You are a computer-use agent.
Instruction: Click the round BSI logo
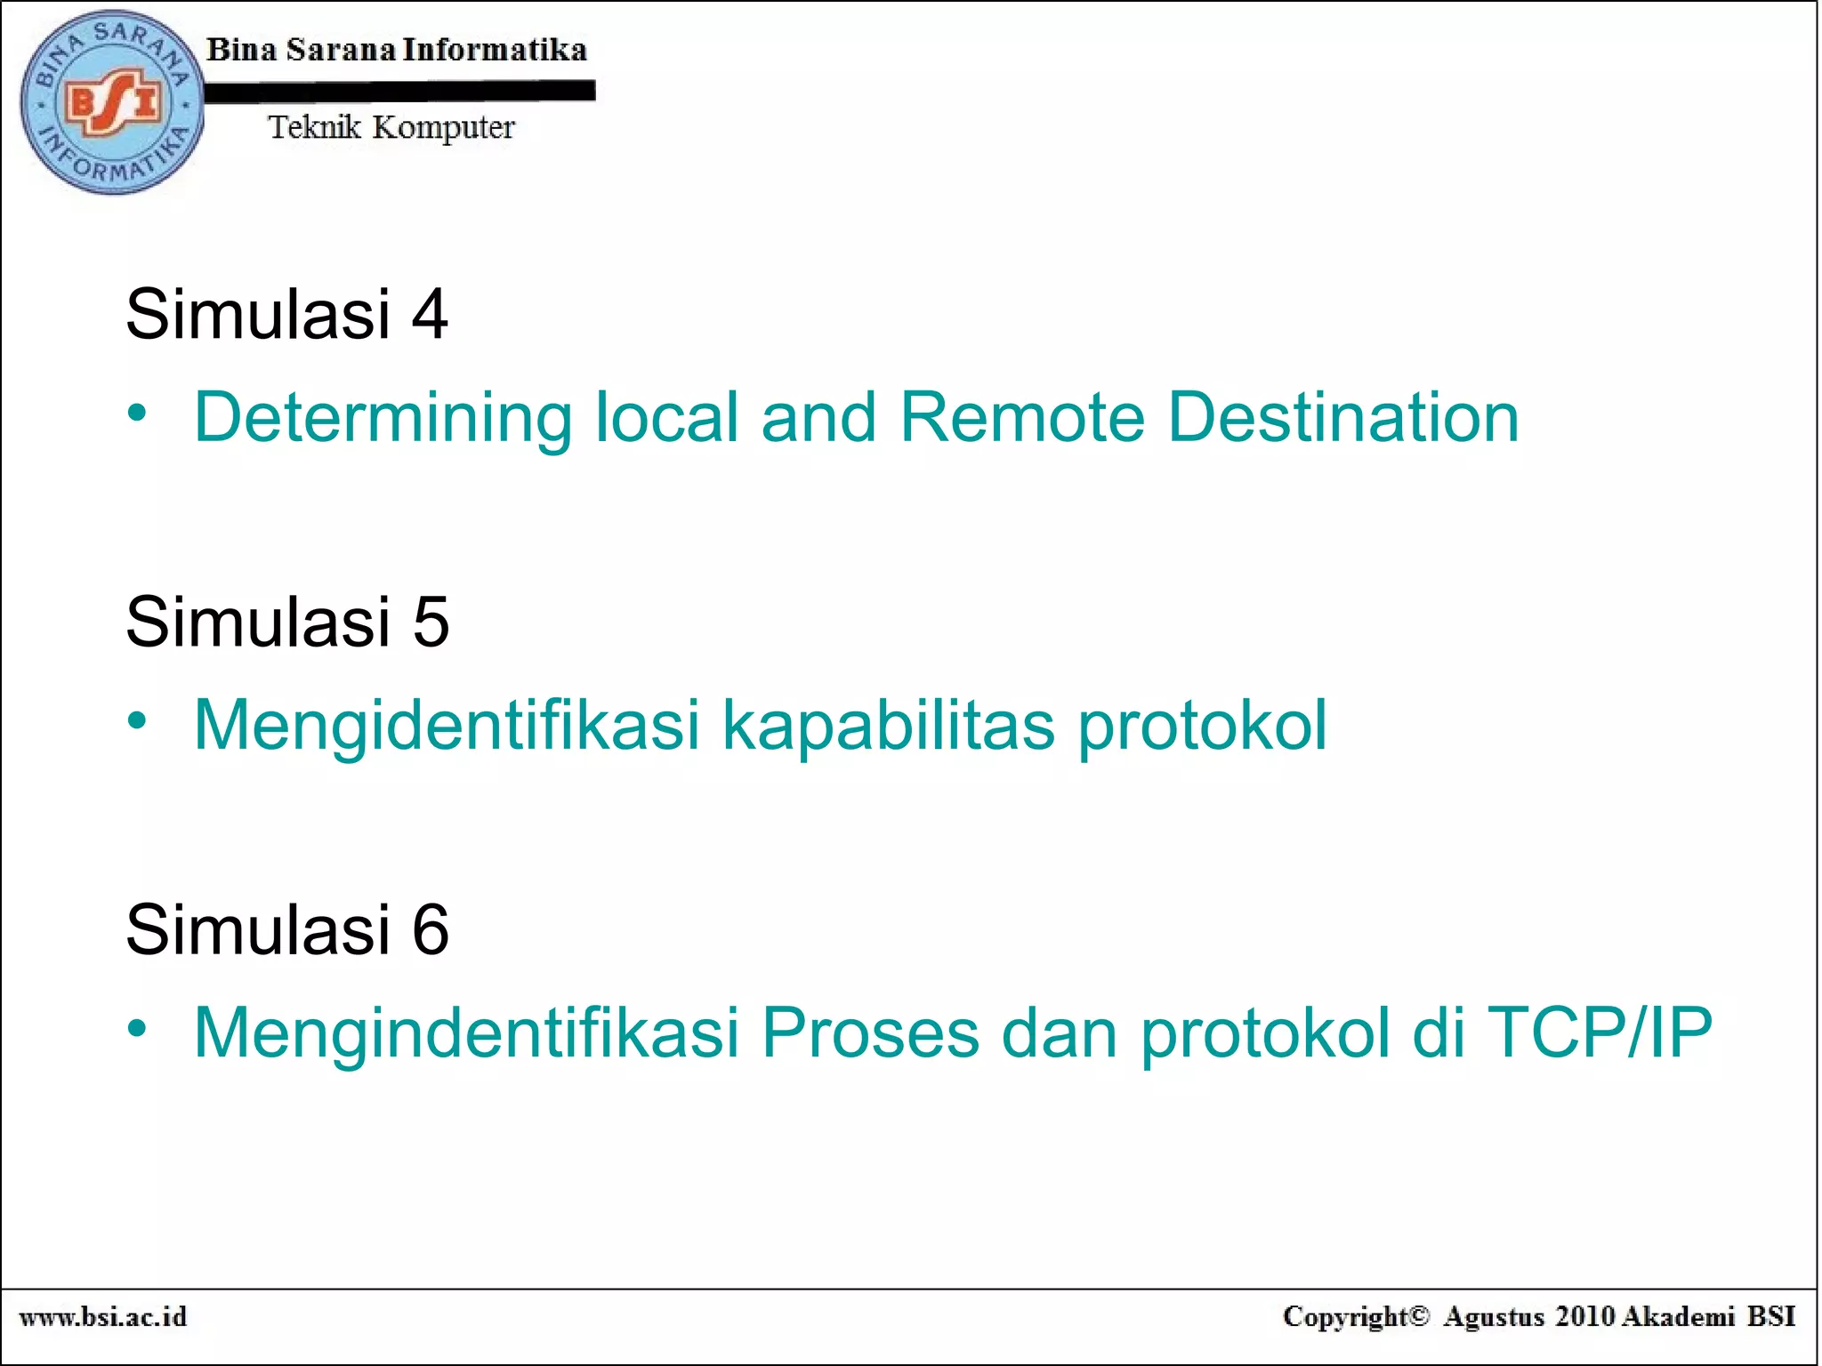tap(112, 102)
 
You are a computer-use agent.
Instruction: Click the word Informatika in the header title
tap(495, 50)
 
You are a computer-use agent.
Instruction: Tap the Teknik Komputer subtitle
tap(391, 128)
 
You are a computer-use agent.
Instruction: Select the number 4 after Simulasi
tap(430, 314)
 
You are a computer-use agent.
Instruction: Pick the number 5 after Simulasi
tap(431, 622)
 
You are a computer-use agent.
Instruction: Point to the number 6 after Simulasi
tap(431, 929)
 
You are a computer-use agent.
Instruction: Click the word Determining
tap(383, 417)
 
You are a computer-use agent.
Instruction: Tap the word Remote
tap(1022, 417)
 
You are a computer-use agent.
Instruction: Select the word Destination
tap(1343, 417)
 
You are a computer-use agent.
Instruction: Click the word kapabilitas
tap(889, 725)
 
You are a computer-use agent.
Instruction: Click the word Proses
tap(870, 1033)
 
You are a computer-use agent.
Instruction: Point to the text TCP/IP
tap(1599, 1033)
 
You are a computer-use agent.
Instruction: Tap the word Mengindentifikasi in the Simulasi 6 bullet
tap(467, 1033)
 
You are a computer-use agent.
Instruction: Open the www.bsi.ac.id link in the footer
tap(103, 1317)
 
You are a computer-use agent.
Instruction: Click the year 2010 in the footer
tap(1584, 1317)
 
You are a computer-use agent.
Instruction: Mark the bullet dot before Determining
tap(136, 413)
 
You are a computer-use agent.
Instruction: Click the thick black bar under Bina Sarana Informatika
tap(399, 91)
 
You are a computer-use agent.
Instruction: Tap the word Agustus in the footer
tap(1494, 1317)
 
